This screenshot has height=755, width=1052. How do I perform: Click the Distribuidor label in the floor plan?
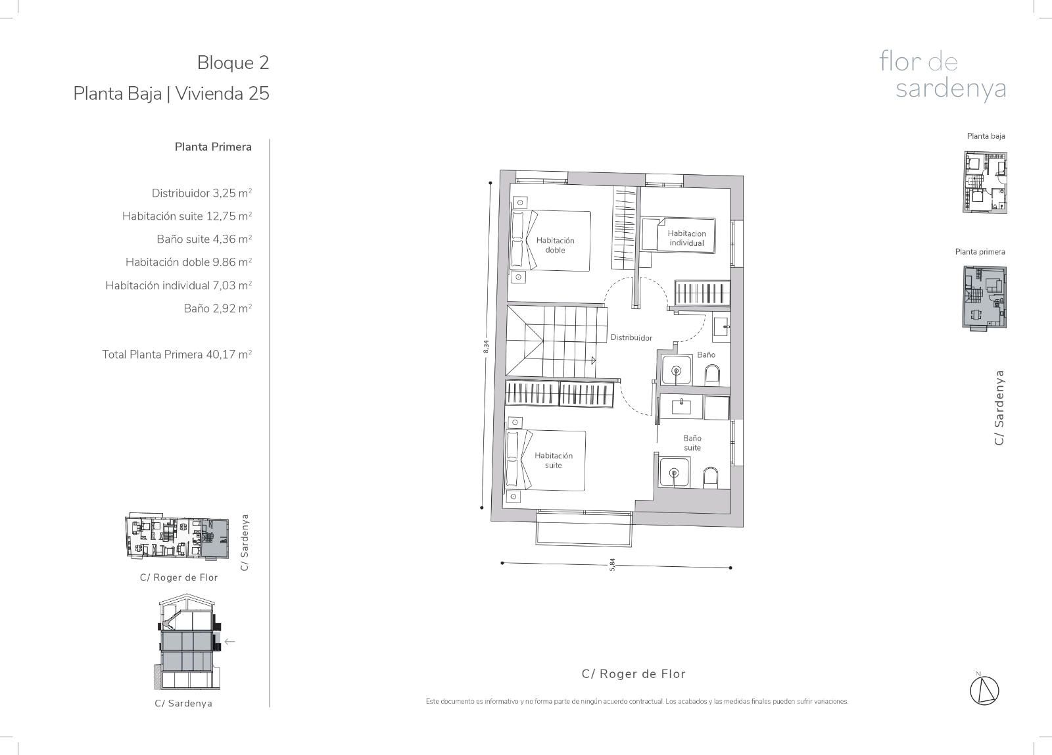(x=631, y=338)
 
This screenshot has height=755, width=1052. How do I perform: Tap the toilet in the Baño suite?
(x=711, y=477)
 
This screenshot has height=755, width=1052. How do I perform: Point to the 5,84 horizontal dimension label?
(x=612, y=564)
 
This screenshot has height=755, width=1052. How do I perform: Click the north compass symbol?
(x=984, y=690)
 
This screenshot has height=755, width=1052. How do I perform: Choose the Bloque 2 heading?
(x=233, y=63)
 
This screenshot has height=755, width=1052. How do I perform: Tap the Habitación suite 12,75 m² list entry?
(x=187, y=216)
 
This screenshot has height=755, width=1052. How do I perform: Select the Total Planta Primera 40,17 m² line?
(x=177, y=354)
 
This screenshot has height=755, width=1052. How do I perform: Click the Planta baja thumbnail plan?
(x=985, y=182)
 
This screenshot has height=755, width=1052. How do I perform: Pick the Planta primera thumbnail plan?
(x=984, y=297)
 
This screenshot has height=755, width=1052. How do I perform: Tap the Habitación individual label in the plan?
(x=686, y=238)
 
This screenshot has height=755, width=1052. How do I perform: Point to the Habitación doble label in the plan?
(x=555, y=245)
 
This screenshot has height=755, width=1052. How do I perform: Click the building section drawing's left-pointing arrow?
(x=229, y=641)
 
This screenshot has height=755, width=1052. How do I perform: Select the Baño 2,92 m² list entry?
(x=218, y=308)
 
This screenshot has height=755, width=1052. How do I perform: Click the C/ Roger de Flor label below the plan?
(x=634, y=673)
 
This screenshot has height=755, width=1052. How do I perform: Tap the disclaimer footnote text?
(x=637, y=702)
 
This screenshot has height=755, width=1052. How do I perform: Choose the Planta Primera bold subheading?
(x=213, y=147)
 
